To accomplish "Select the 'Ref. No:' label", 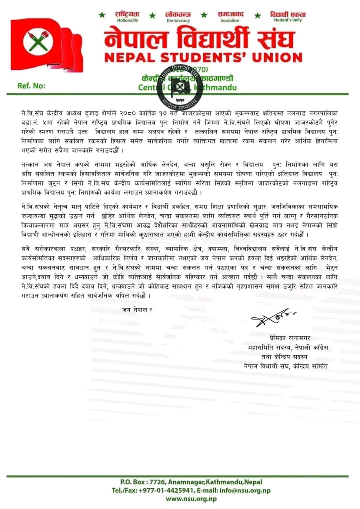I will click(x=31, y=85).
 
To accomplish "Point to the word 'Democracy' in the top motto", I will click(x=178, y=21).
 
